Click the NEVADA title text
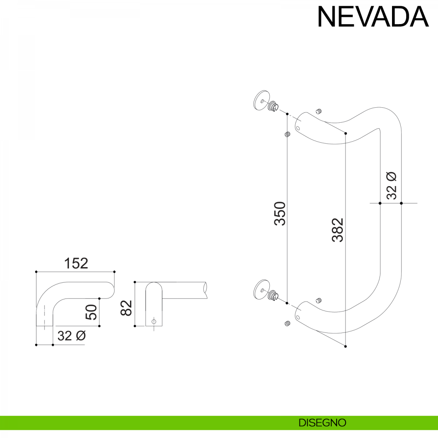point(373,17)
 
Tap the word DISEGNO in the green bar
point(322,423)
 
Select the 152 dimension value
point(76,263)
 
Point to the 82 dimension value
point(126,308)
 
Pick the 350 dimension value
point(280,214)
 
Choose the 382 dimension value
point(338,230)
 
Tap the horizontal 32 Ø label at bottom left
point(72,336)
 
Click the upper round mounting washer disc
point(262,100)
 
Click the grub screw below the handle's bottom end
point(288,323)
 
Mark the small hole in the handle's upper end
point(298,128)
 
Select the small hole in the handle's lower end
point(298,318)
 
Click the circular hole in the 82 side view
point(154,322)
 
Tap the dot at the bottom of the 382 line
point(345,346)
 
